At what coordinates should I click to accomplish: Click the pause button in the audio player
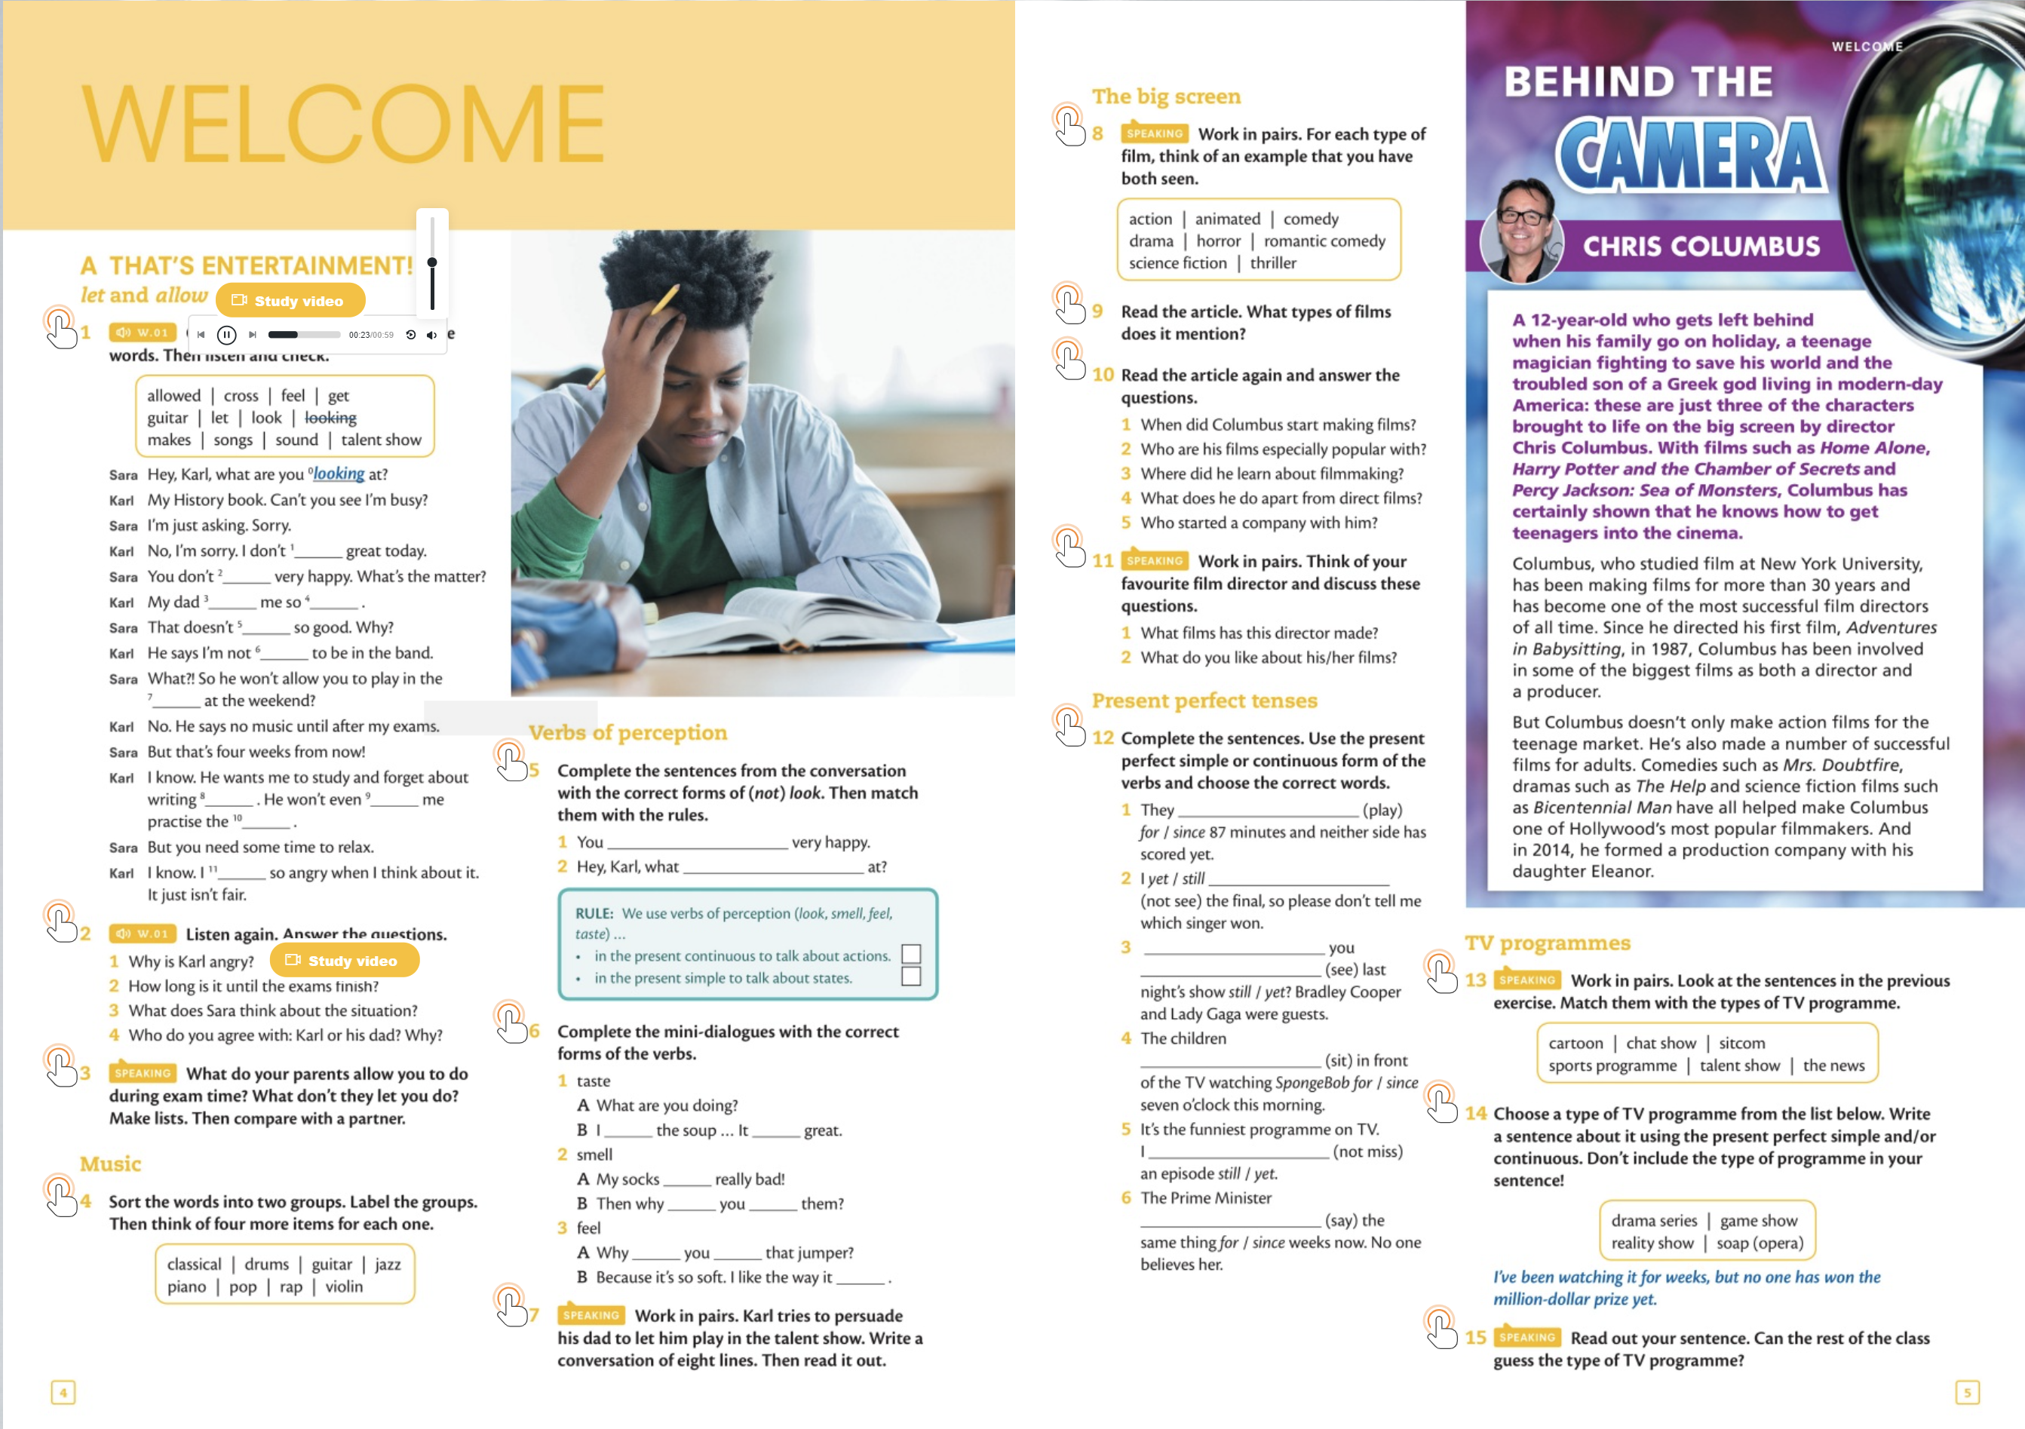(227, 334)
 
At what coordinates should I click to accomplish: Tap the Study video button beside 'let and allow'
(290, 301)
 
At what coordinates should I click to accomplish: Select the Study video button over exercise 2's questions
(344, 961)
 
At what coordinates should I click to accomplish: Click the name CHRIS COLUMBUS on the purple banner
(1701, 246)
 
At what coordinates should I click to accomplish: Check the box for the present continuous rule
(911, 955)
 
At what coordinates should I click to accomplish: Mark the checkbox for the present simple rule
(911, 977)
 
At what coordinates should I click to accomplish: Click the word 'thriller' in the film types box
(1272, 263)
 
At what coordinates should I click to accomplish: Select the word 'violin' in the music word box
(344, 1286)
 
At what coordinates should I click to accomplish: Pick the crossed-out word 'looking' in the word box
(331, 418)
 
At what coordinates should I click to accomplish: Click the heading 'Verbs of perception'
(628, 732)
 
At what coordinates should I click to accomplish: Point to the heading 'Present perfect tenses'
(1204, 701)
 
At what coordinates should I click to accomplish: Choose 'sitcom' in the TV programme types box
(1742, 1043)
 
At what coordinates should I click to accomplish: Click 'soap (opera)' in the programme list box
(1760, 1243)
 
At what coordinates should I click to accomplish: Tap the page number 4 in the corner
(63, 1392)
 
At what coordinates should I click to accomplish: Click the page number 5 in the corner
(1968, 1392)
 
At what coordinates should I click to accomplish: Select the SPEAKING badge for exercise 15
(1527, 1337)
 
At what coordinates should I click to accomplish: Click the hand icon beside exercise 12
(1069, 726)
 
